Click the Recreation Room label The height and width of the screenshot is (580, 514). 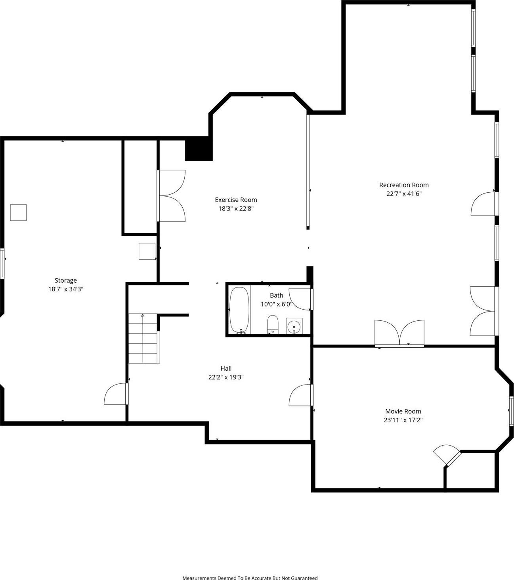(404, 185)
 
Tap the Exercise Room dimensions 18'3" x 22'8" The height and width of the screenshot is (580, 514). (236, 209)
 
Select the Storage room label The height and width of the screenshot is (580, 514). (66, 280)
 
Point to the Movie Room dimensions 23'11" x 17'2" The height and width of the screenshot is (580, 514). (403, 420)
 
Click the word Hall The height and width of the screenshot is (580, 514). (226, 368)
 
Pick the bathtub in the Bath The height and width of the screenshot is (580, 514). (239, 310)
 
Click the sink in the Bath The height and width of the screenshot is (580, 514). (294, 326)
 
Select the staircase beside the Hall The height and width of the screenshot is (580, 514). (143, 338)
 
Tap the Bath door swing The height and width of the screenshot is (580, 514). (300, 299)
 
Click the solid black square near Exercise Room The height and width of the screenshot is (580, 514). (199, 149)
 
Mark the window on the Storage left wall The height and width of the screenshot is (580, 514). (2, 263)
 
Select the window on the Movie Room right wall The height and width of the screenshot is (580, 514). (511, 411)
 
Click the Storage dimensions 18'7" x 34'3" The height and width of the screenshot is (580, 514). (66, 289)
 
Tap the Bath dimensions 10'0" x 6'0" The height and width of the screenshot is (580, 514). (277, 304)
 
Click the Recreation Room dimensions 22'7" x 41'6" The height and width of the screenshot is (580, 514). (404, 194)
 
